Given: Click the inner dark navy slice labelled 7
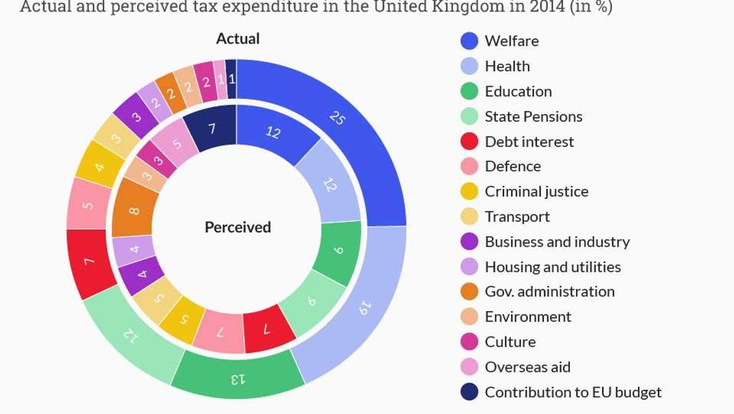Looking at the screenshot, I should (x=211, y=128).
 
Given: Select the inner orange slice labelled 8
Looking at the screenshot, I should (x=135, y=210).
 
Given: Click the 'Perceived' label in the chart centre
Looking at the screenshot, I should (x=238, y=227).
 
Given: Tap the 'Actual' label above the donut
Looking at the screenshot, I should (x=238, y=39).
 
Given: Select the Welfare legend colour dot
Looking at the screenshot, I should (x=469, y=41).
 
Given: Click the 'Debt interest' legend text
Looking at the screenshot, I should (x=529, y=142).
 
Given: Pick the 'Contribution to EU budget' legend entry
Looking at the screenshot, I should (x=572, y=392).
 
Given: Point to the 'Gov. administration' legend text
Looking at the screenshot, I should (x=549, y=292).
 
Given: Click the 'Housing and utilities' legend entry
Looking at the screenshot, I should (x=552, y=267).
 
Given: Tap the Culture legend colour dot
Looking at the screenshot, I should (x=469, y=342).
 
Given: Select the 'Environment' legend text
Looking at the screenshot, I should (x=528, y=317).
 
